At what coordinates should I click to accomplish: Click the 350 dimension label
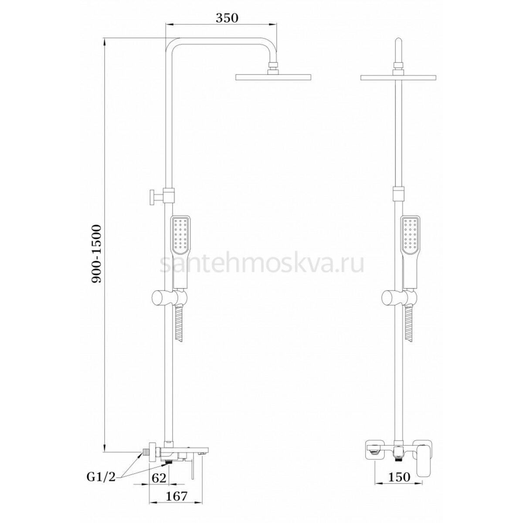click(x=227, y=18)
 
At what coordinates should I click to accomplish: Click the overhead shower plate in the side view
click(x=273, y=77)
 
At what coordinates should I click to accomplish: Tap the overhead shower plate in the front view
click(x=398, y=77)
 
